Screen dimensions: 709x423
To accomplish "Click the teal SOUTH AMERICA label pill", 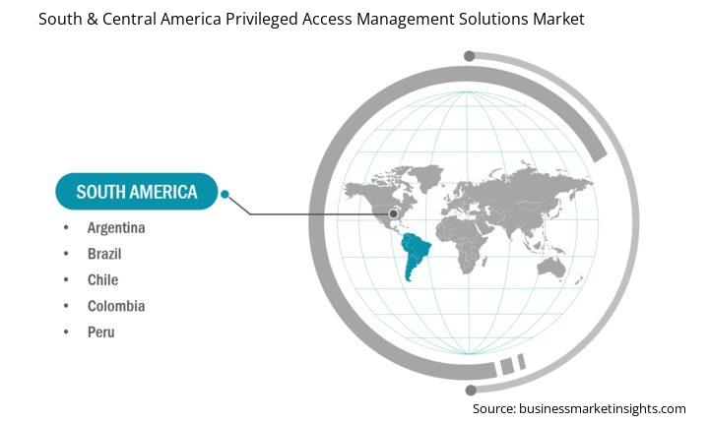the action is [x=137, y=192].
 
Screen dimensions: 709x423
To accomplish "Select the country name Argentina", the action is [x=116, y=228].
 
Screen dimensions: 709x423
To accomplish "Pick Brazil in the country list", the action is [x=104, y=254].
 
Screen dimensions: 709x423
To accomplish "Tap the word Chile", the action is [x=103, y=280].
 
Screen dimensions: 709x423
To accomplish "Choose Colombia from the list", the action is [x=116, y=306].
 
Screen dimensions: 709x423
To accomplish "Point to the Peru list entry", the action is [x=101, y=332].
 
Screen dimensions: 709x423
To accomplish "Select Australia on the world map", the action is [x=551, y=268].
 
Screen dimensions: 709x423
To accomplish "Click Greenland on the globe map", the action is [x=426, y=176].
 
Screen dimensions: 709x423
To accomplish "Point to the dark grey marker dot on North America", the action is [x=393, y=213].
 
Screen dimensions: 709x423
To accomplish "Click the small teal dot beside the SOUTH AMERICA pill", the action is [x=225, y=195].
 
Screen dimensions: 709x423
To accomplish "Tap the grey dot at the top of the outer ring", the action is [x=470, y=56].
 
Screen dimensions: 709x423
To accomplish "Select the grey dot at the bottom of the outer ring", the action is [x=471, y=390].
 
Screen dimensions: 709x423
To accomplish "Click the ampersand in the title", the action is [x=93, y=19].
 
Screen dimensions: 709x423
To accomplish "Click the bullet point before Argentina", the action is [x=66, y=227].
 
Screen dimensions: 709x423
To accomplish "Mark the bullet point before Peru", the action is [x=66, y=332].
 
